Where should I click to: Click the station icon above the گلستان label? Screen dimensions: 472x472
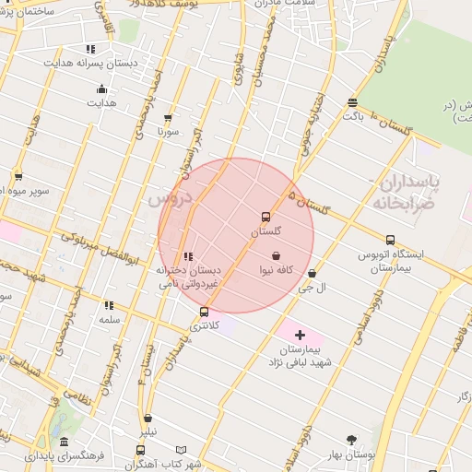point(266,218)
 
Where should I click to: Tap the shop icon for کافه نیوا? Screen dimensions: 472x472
point(276,255)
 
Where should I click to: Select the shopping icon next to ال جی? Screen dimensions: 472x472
point(313,274)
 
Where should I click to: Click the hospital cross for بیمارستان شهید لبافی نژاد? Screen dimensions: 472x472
point(301,334)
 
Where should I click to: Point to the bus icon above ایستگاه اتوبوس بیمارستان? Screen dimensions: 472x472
point(391,240)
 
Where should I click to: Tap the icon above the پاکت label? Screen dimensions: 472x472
point(352,102)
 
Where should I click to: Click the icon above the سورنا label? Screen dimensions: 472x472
point(168,118)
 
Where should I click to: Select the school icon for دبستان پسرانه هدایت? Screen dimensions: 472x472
point(90,49)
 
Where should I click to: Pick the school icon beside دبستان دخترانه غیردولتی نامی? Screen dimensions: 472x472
point(189,256)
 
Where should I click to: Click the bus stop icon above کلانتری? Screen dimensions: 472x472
point(204,312)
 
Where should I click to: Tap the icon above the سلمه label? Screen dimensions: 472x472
point(110,305)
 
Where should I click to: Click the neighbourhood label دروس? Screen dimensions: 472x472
point(169,196)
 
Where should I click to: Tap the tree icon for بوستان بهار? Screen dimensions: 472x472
point(351,440)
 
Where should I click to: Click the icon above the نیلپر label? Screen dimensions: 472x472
point(148,418)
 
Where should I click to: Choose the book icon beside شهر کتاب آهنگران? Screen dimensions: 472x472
point(181,451)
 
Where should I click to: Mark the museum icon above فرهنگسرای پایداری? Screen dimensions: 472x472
point(64,442)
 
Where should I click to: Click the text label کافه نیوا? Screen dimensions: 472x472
point(277,270)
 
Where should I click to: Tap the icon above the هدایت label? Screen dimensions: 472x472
point(101,89)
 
